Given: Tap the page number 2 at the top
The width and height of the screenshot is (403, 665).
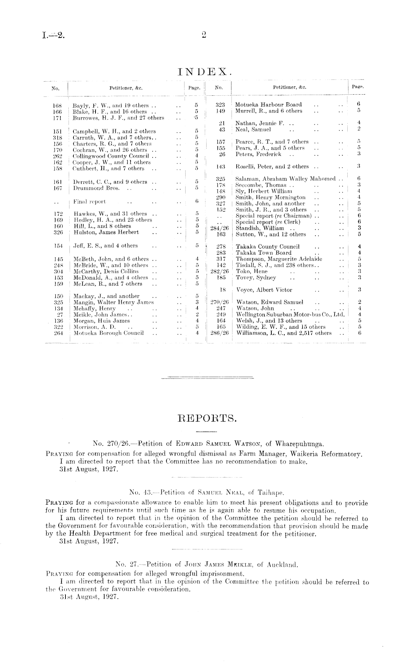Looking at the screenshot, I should tap(204, 35).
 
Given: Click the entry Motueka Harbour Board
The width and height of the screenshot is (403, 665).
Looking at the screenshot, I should tap(268, 105).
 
